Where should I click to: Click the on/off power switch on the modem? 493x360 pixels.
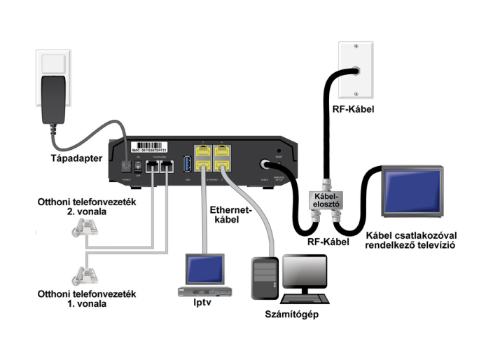[x=138, y=167]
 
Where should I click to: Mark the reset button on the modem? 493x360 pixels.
[x=279, y=151]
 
